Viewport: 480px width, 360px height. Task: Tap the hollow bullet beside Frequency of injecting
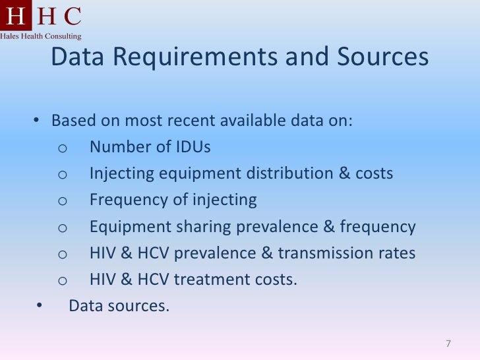62,201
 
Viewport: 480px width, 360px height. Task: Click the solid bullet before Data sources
38,305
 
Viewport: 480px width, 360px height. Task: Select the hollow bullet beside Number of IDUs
62,148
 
